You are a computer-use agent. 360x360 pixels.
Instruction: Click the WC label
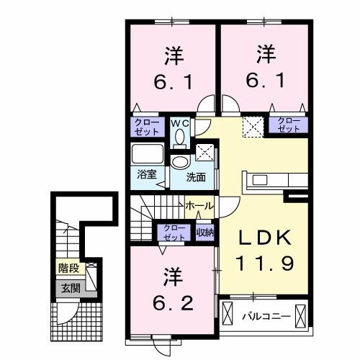[179, 123]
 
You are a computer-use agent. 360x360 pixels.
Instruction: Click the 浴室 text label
[147, 174]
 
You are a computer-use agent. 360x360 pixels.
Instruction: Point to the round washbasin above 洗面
[179, 162]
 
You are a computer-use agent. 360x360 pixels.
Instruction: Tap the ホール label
[199, 206]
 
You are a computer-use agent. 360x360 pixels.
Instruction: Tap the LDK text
[264, 237]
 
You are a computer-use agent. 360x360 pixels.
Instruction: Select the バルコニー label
[266, 315]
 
